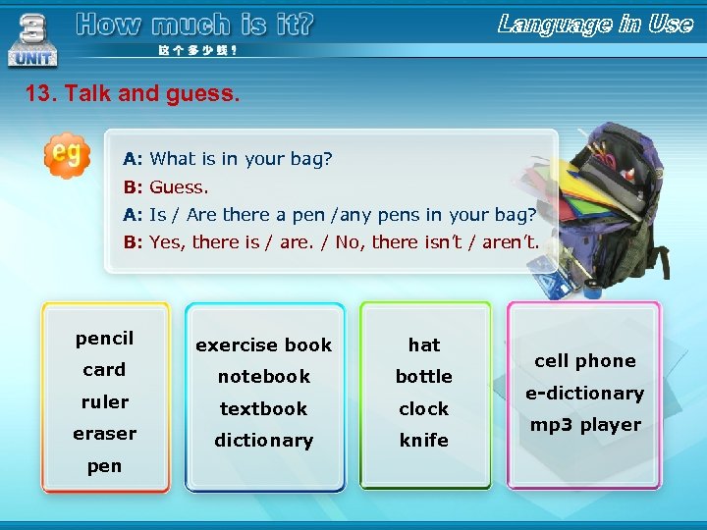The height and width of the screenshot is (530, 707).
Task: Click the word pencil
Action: [104, 339]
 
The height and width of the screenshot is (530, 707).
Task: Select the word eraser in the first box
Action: [104, 433]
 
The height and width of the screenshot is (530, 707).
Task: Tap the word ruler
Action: [104, 401]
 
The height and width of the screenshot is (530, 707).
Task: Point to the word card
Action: [104, 369]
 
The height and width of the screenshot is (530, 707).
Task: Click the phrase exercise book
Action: [263, 344]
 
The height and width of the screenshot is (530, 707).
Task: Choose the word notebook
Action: [263, 376]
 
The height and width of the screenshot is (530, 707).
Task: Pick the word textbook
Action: [263, 408]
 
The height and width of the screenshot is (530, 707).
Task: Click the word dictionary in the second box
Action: [263, 441]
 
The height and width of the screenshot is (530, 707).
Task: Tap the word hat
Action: [424, 344]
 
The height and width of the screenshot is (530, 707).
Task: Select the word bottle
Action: [424, 376]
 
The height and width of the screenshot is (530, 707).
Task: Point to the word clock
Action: [424, 408]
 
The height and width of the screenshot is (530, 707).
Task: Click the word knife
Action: [424, 441]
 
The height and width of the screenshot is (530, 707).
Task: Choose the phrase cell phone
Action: [585, 360]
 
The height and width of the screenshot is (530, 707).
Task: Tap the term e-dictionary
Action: [584, 393]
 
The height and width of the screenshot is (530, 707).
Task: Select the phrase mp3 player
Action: [585, 425]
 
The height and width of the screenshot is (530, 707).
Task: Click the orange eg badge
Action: [66, 155]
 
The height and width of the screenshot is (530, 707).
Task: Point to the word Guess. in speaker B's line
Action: [179, 186]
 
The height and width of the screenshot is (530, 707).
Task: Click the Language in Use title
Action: [595, 25]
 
